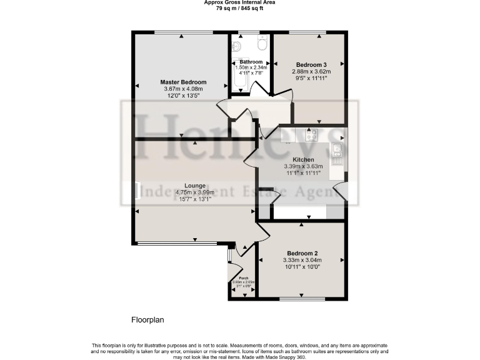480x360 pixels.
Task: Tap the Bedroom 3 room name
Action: pyautogui.click(x=311, y=65)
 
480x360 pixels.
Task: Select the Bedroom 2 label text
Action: pyautogui.click(x=302, y=252)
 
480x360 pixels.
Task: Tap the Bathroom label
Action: pyautogui.click(x=251, y=62)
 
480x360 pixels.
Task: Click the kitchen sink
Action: pyautogui.click(x=337, y=149)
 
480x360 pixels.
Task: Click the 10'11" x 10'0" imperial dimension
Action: pyautogui.click(x=302, y=267)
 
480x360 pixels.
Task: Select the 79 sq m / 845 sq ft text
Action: pyautogui.click(x=240, y=9)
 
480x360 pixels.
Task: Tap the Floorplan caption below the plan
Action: pyautogui.click(x=147, y=319)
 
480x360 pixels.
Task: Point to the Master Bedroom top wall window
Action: pyautogui.click(x=182, y=32)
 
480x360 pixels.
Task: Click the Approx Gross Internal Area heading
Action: pyautogui.click(x=240, y=2)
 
